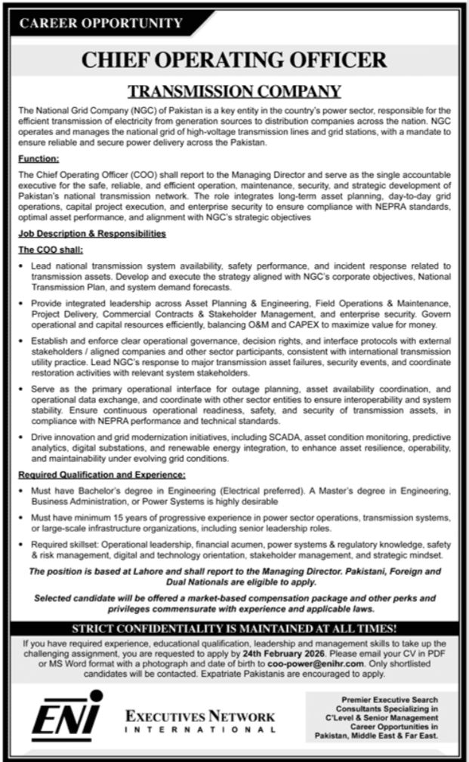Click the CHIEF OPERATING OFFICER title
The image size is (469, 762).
click(235, 61)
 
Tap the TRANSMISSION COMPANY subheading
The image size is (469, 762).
click(235, 92)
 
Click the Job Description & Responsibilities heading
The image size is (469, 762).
click(91, 234)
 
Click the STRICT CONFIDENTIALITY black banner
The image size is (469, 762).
click(235, 628)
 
